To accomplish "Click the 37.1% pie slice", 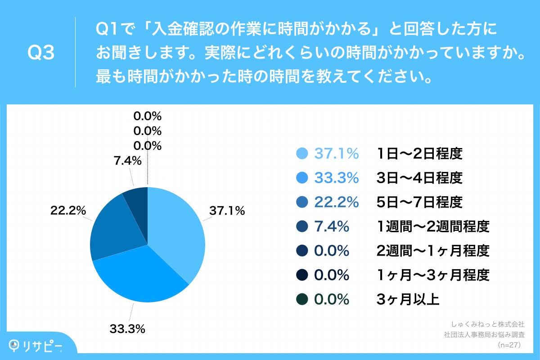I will [x=178, y=229].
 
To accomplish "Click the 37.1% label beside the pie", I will [x=227, y=210].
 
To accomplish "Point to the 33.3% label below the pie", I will [x=127, y=329].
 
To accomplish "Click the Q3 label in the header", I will [x=41, y=53].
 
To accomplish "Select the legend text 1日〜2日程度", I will [x=419, y=154].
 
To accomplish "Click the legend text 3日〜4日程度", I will [x=419, y=178].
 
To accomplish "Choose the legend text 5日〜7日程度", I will [x=419, y=202].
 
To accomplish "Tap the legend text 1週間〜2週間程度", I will [x=432, y=227].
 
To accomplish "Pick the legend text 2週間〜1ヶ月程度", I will [x=432, y=251].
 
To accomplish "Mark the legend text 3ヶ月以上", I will [x=408, y=299].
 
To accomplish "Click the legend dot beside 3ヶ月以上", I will [x=303, y=299].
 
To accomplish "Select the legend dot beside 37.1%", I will [x=303, y=154].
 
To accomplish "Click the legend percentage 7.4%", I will [x=332, y=227].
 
